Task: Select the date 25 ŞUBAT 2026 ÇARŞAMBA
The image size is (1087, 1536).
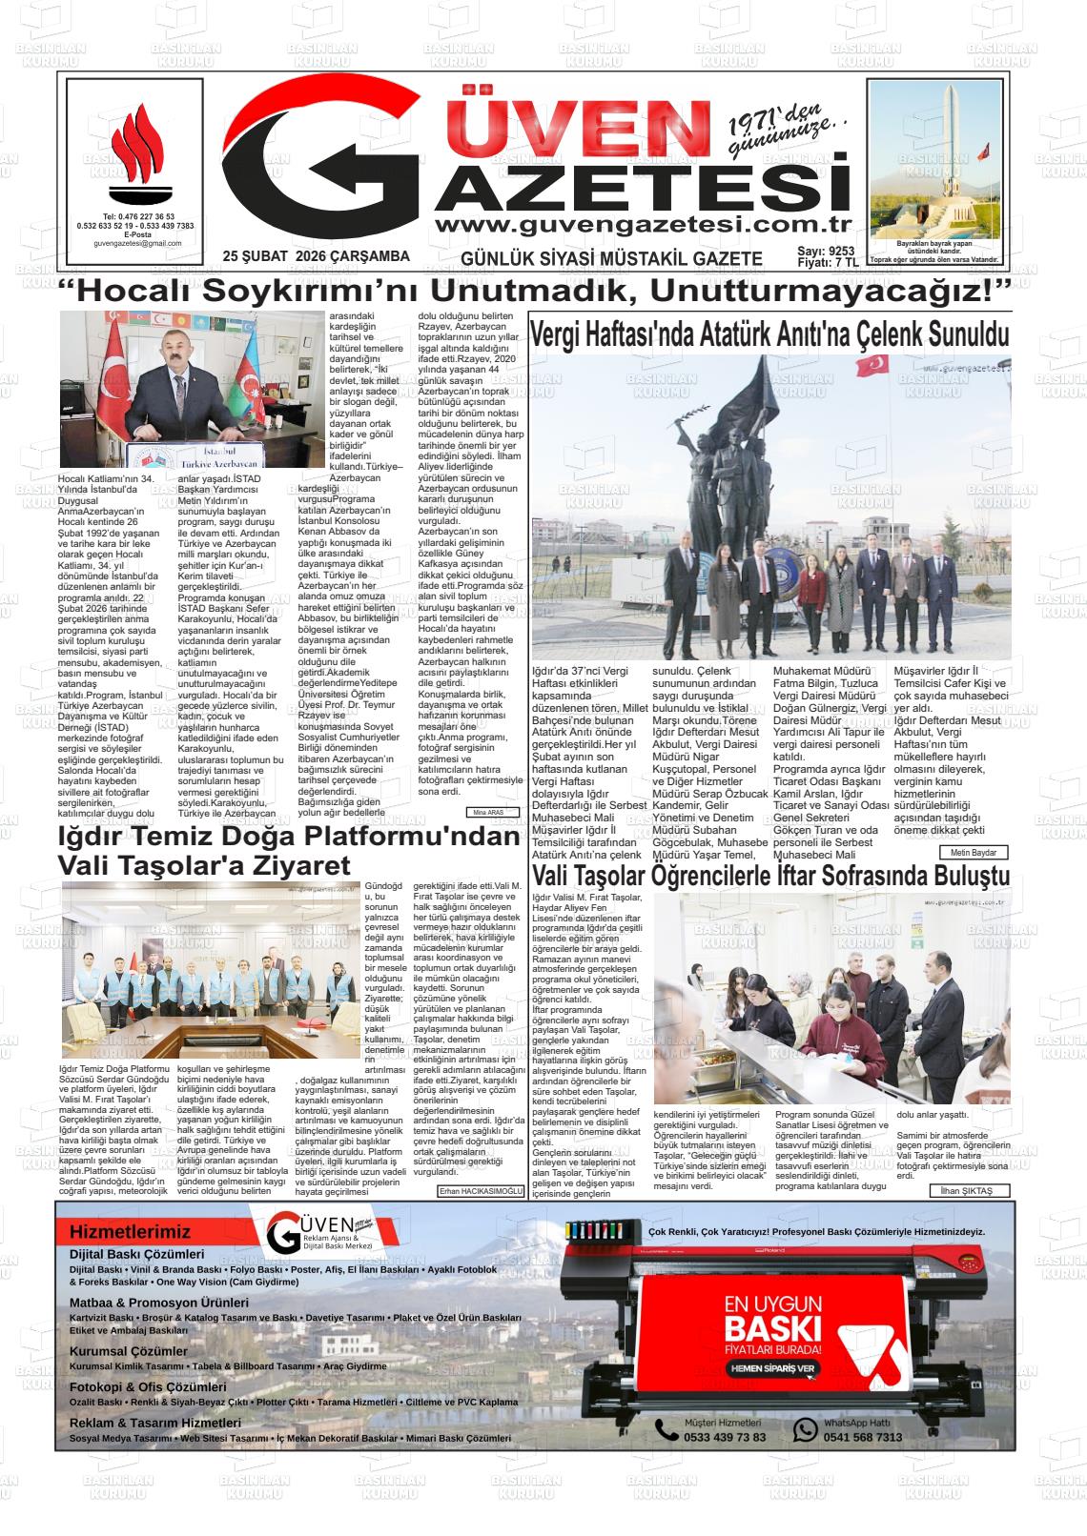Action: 316,256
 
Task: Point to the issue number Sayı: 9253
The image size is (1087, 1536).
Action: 826,251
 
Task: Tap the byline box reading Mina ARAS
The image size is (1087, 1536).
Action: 492,813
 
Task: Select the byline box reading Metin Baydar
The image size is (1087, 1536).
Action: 973,852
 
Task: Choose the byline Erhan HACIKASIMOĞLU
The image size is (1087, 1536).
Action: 481,1191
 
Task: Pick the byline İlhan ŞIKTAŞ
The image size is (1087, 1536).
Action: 967,1191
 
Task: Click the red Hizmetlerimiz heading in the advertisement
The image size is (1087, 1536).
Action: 130,1232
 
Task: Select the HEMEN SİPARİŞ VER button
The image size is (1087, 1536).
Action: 772,1368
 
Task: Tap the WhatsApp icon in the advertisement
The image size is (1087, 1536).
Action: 807,1429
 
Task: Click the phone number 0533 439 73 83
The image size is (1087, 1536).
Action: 725,1437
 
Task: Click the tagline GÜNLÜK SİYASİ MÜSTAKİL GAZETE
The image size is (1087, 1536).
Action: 611,258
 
